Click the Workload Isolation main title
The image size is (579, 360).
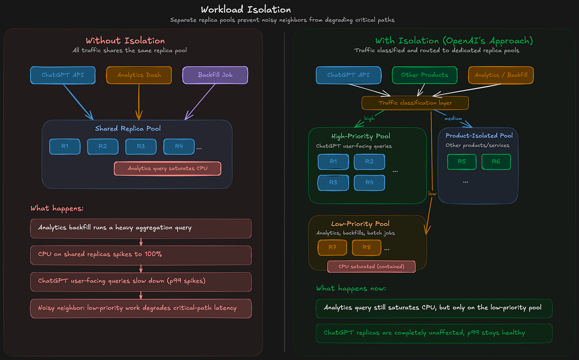pos(246,10)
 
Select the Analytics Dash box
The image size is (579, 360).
pos(139,75)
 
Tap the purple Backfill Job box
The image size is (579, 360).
pos(215,75)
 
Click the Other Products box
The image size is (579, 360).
pos(424,75)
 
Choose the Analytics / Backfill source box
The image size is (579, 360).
pos(501,75)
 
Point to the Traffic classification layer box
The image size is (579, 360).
pos(415,103)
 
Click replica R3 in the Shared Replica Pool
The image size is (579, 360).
pos(141,146)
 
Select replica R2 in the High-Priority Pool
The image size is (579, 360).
pos(369,162)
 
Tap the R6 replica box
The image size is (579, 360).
pos(496,162)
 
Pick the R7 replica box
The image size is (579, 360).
pos(332,247)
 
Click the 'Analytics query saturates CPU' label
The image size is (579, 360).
pos(167,169)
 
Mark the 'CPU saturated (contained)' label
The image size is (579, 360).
pos(371,267)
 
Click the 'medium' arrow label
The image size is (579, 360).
pos(453,119)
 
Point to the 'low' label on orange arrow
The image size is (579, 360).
pos(432,194)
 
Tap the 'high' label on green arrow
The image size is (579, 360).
pos(369,119)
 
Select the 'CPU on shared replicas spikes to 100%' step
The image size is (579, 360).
pos(141,255)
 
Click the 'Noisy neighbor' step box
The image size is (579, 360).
pos(141,308)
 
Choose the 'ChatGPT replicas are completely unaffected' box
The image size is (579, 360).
pos(434,333)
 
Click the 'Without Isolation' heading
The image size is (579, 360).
pos(125,41)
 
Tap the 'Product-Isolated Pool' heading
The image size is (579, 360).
pos(479,136)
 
